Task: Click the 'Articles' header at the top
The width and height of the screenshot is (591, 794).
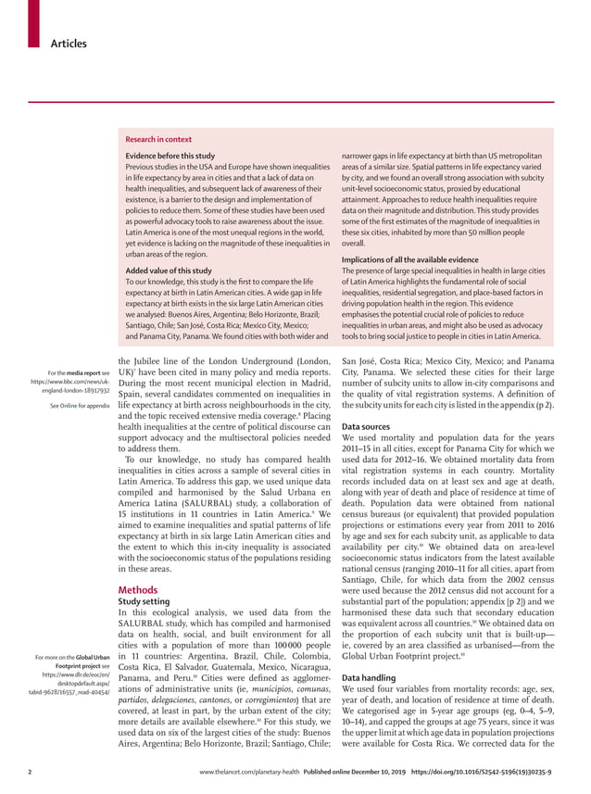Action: click(69, 44)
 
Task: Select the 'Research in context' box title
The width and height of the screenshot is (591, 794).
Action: click(158, 139)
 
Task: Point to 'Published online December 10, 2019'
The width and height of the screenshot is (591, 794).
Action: click(357, 770)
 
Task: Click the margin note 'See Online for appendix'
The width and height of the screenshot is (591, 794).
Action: click(76, 405)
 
